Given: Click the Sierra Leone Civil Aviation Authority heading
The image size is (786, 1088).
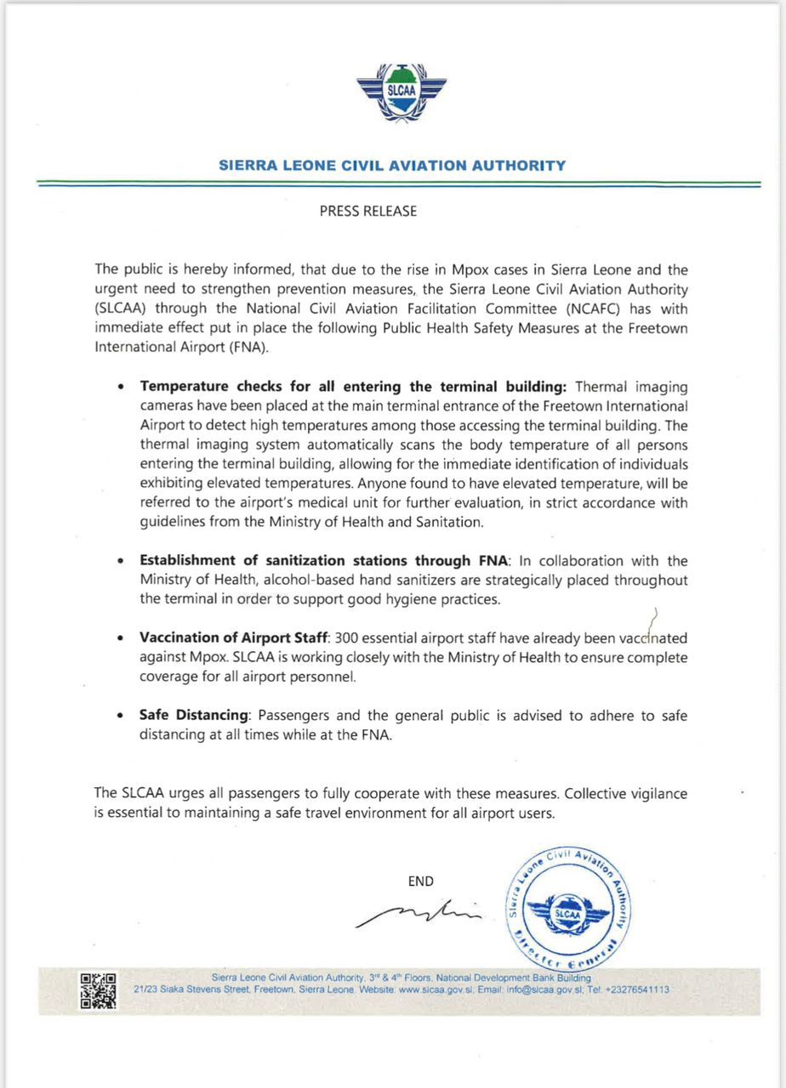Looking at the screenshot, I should [x=392, y=166].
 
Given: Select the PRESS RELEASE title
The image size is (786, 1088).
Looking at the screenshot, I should [x=368, y=212].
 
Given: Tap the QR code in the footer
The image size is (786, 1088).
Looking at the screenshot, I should [x=98, y=990].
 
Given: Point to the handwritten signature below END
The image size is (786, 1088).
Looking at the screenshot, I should [x=419, y=914].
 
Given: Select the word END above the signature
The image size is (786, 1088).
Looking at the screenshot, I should [x=421, y=881].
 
